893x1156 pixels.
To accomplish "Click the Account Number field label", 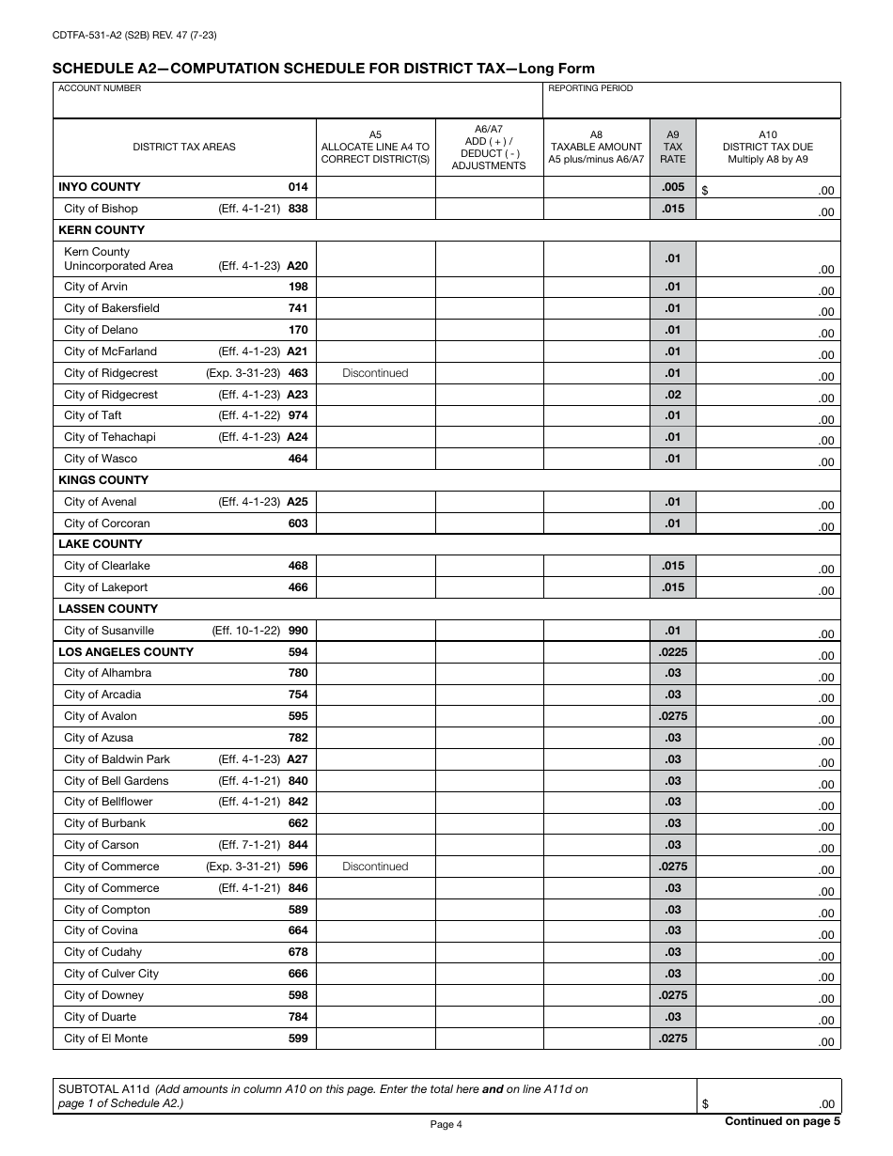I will point(101,88).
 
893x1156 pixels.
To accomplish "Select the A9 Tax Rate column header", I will point(673,148).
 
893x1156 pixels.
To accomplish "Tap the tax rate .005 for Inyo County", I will point(673,187).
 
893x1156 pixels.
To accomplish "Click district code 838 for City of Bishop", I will point(298,209).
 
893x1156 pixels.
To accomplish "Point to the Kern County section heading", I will point(102,230).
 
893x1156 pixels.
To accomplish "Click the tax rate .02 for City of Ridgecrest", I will point(673,395).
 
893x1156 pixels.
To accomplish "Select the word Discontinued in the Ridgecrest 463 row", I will point(375,373).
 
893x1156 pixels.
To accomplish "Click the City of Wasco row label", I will point(101,459).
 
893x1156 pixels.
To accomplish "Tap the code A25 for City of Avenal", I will point(297,502).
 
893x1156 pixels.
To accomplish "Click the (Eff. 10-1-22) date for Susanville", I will point(246,631).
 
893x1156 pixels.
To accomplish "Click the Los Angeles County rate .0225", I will point(673,652).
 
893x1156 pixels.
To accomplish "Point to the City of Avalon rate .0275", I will point(673,716).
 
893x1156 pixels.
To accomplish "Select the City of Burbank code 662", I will point(298,823).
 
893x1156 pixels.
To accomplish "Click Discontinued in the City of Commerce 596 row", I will point(375,867).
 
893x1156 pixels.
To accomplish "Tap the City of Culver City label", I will point(112,974).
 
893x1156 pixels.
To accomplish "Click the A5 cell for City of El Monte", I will point(375,1039).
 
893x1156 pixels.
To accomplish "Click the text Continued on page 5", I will point(782,1120).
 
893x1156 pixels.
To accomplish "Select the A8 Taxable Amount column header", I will point(596,148).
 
